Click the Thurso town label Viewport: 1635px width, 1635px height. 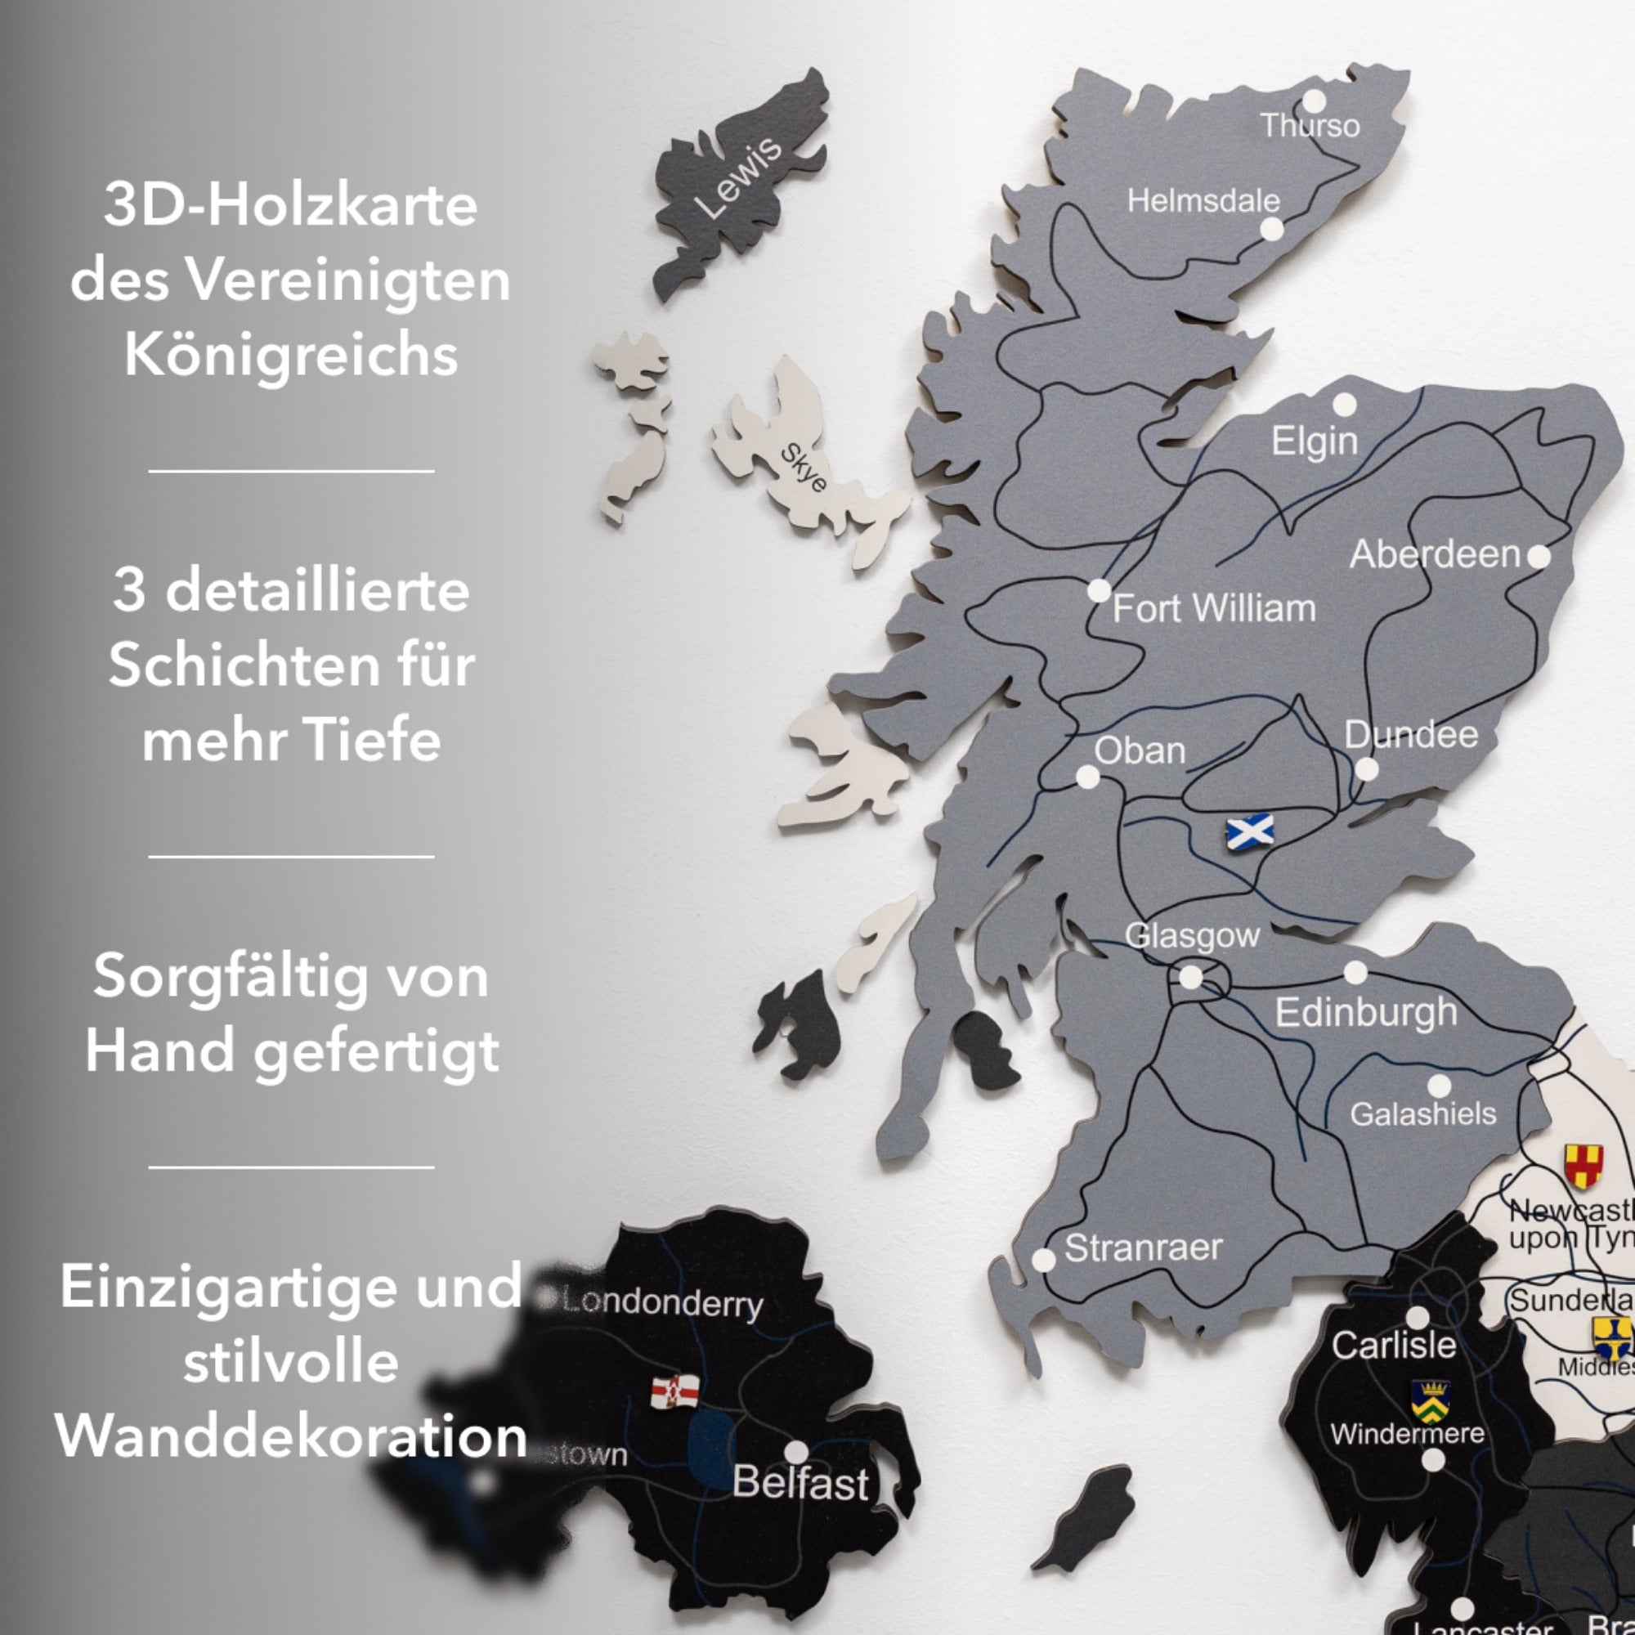click(1310, 126)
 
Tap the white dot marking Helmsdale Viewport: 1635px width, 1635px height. click(1271, 230)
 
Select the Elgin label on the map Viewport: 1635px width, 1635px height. click(1315, 441)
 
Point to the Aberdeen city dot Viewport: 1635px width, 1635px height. click(1539, 556)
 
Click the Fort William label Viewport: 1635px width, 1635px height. click(1213, 608)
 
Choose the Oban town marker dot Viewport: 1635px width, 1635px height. click(1087, 777)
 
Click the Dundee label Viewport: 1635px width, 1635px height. click(1411, 735)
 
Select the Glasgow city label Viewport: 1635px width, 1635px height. click(1192, 935)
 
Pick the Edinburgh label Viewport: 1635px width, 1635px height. click(1366, 1012)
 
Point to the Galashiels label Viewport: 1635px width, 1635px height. click(1422, 1113)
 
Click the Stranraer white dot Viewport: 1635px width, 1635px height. click(1044, 1259)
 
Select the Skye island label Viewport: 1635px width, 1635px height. click(802, 467)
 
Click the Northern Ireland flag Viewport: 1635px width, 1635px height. click(674, 1391)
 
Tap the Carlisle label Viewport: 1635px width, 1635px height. click(1393, 1345)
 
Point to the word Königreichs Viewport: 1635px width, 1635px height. click(291, 355)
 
